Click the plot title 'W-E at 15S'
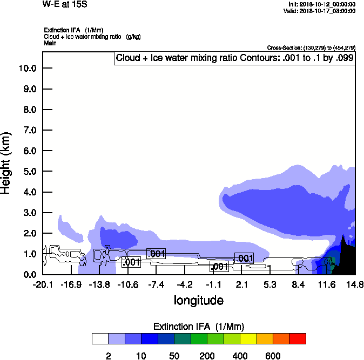coord(65,4)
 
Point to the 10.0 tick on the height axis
coord(28,68)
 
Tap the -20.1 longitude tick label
coord(43,284)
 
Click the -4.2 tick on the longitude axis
coord(185,284)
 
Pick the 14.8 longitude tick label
coord(354,284)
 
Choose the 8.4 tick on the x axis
coord(298,284)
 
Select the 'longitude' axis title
coord(198,300)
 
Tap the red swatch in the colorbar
coord(298,338)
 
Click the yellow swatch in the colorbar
coord(248,338)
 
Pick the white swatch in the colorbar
coord(100,338)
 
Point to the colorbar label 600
coord(273,356)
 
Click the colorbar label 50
coord(174,356)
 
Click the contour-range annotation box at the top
coord(234,58)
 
